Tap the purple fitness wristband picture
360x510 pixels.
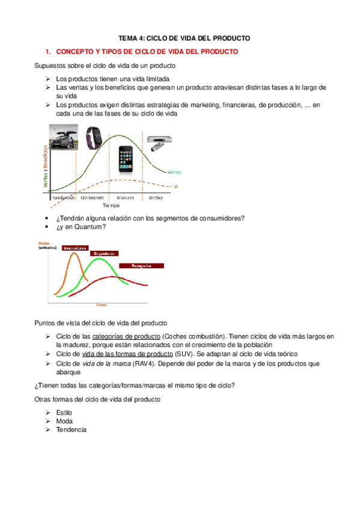tap(92, 137)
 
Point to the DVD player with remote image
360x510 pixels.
tap(160, 141)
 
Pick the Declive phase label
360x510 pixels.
tap(156, 197)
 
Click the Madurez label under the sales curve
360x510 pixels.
tap(125, 197)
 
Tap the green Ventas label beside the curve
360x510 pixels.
tap(173, 172)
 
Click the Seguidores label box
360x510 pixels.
tap(104, 254)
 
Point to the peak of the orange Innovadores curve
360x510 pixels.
tap(75, 254)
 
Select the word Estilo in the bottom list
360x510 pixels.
tap(64, 413)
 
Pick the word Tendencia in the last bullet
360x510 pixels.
tap(71, 430)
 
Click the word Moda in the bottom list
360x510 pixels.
tap(64, 422)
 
